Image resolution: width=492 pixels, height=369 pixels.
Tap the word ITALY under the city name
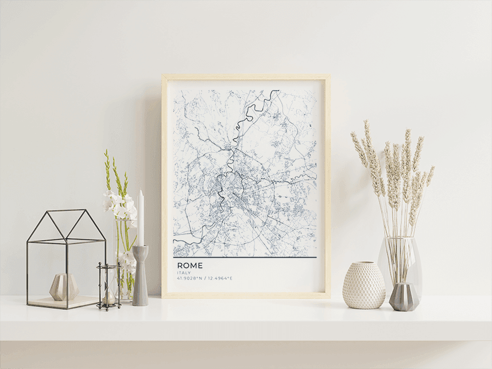point(184,273)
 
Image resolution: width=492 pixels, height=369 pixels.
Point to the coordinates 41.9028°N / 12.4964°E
point(204,278)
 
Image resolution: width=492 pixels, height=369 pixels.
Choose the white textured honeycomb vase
point(364,285)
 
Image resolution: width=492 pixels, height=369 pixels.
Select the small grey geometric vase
point(404,297)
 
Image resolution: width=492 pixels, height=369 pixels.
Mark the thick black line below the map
point(245,258)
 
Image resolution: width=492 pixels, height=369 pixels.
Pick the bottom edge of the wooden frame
point(246,296)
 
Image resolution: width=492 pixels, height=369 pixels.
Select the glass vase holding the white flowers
point(123,275)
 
